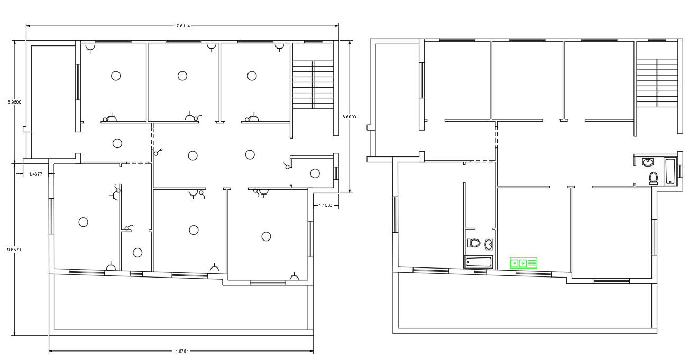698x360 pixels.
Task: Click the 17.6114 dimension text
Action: [182, 25]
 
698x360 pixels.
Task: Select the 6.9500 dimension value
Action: [14, 102]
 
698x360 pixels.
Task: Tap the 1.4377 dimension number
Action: [36, 173]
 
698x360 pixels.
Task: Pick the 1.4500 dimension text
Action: [325, 205]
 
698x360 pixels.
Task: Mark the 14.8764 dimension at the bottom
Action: [181, 350]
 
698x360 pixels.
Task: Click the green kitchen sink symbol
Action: [523, 263]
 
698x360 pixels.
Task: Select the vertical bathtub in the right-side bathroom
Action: [670, 171]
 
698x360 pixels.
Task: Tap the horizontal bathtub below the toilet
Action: [478, 262]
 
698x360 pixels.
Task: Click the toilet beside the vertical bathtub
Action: [653, 178]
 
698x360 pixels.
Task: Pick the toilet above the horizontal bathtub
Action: [474, 244]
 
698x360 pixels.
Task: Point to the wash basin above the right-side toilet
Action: [647, 162]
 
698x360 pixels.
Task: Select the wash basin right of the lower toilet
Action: [489, 244]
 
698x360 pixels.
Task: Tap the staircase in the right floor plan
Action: [656, 82]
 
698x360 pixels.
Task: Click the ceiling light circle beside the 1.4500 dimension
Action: [315, 173]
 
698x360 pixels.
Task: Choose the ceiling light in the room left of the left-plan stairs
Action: [252, 76]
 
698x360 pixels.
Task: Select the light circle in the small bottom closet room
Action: [137, 253]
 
